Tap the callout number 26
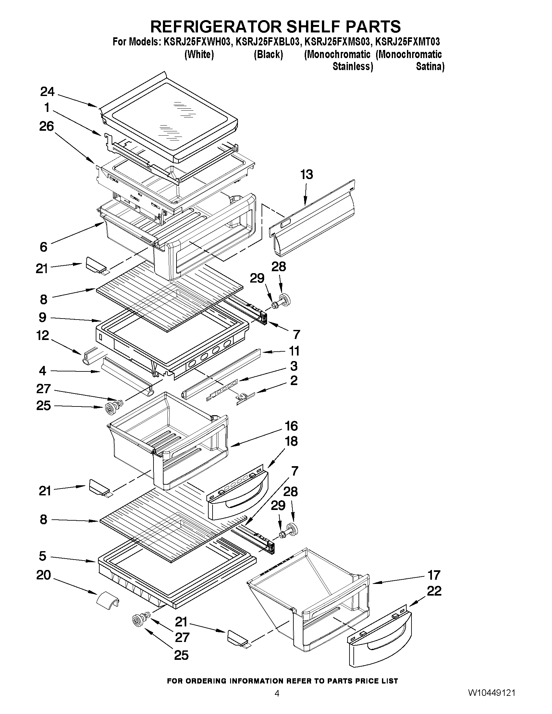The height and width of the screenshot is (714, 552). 46,126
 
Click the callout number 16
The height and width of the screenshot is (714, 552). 291,426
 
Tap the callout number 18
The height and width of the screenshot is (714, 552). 291,441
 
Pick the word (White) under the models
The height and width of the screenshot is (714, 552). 199,54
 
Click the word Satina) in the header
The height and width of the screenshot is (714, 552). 430,67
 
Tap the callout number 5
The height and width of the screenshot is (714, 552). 43,556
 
